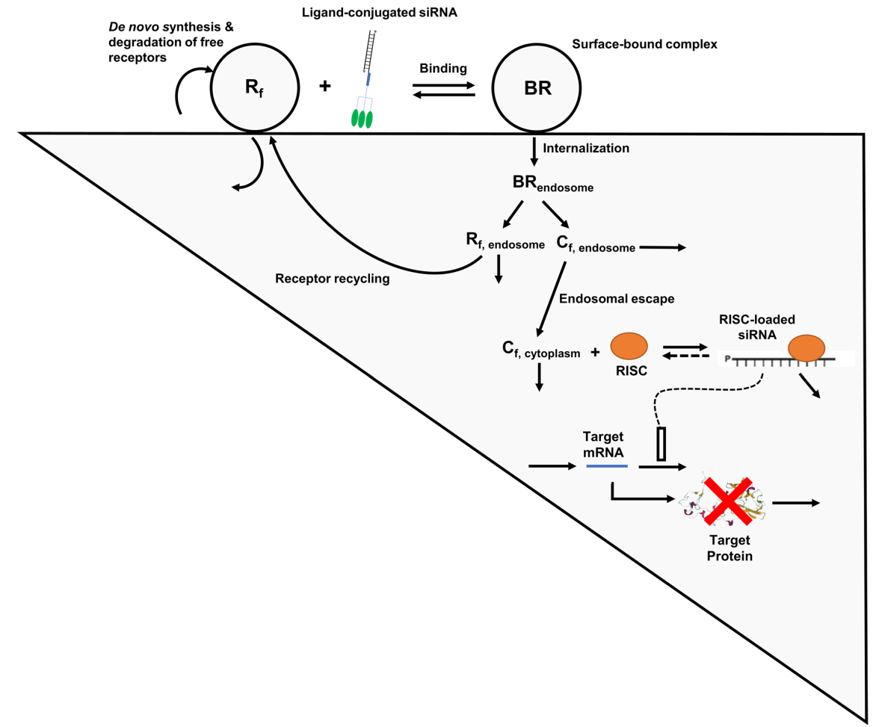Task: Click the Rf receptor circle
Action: click(x=254, y=88)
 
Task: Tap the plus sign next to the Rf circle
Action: click(x=325, y=87)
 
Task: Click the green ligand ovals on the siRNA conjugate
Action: click(x=363, y=118)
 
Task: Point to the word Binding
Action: click(x=445, y=68)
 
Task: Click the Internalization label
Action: click(x=586, y=148)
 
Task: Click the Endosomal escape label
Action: click(x=617, y=299)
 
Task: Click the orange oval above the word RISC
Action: click(x=629, y=345)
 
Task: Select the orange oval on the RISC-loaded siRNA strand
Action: click(x=806, y=347)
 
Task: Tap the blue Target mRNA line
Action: click(x=606, y=466)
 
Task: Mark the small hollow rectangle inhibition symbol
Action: click(x=661, y=444)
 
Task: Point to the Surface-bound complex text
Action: click(x=644, y=44)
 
